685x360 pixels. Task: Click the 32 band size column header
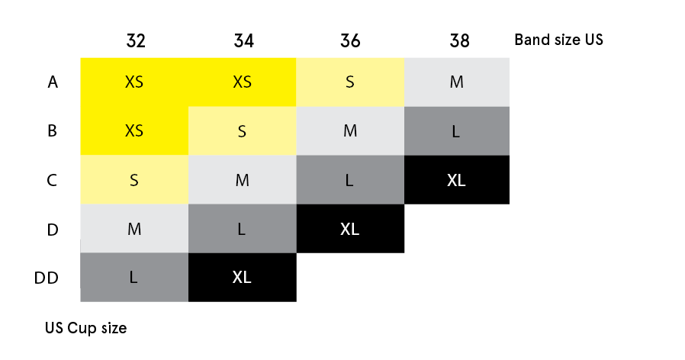[x=135, y=40]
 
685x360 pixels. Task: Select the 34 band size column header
[x=243, y=40]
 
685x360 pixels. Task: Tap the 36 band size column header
[x=350, y=40]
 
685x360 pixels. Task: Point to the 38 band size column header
[x=458, y=40]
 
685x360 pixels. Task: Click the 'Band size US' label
[x=558, y=40]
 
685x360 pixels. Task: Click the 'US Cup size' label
[x=85, y=329]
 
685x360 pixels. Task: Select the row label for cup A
[x=53, y=82]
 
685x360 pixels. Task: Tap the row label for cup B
[x=53, y=130]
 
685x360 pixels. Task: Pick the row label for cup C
[x=53, y=180]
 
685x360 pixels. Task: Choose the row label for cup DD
[x=47, y=278]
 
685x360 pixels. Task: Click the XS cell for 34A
[x=243, y=82]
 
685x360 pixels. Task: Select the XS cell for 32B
[x=134, y=130]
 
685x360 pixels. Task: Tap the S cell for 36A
[x=350, y=82]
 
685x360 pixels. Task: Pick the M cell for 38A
[x=457, y=82]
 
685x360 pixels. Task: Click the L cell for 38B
[x=457, y=130]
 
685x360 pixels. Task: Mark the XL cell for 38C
[x=457, y=180]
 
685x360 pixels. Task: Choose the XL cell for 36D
[x=350, y=229]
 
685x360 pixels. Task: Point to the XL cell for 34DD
[x=243, y=278]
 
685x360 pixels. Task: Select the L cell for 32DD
[x=134, y=278]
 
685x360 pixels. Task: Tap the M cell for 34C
[x=243, y=180]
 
